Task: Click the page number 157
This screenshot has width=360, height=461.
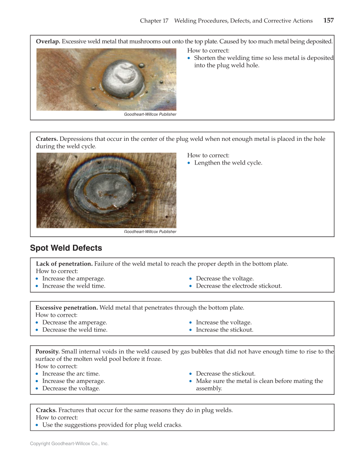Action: coord(328,20)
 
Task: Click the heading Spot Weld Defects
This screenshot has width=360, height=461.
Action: coord(66,248)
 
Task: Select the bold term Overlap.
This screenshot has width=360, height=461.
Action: coord(48,42)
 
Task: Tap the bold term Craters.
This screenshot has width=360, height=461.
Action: coord(47,139)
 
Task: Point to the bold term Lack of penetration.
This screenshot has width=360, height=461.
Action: coord(64,264)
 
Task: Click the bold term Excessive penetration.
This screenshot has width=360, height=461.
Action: coord(67,307)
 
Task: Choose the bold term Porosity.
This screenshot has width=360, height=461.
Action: coord(47,352)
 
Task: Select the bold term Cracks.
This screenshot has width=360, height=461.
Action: coord(46,410)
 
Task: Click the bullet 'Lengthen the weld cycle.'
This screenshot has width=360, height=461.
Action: coord(228,163)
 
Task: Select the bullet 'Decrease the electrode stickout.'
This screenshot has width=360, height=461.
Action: coord(238,286)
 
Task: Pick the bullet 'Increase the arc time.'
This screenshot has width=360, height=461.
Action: coord(71,374)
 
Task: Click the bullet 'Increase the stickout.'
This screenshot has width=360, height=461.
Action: coord(224,330)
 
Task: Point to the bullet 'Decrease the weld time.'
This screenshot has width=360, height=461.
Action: coord(75,330)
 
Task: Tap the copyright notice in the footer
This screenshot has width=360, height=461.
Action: coord(69,444)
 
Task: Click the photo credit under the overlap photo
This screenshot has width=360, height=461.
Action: coord(150,115)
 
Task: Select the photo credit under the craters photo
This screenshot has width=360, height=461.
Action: coord(150,232)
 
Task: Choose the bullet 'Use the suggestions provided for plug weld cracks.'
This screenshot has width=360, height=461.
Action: coord(112,425)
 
